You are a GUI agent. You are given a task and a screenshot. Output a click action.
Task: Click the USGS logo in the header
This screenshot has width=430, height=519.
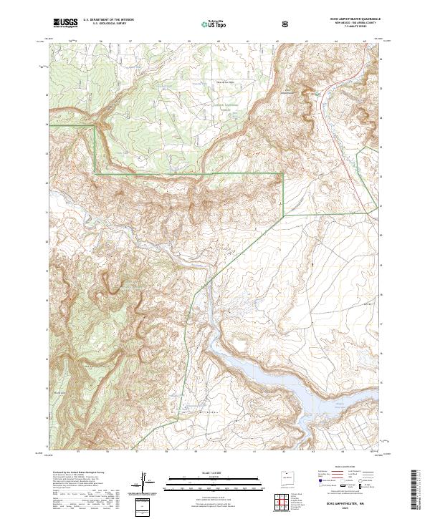point(65,23)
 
